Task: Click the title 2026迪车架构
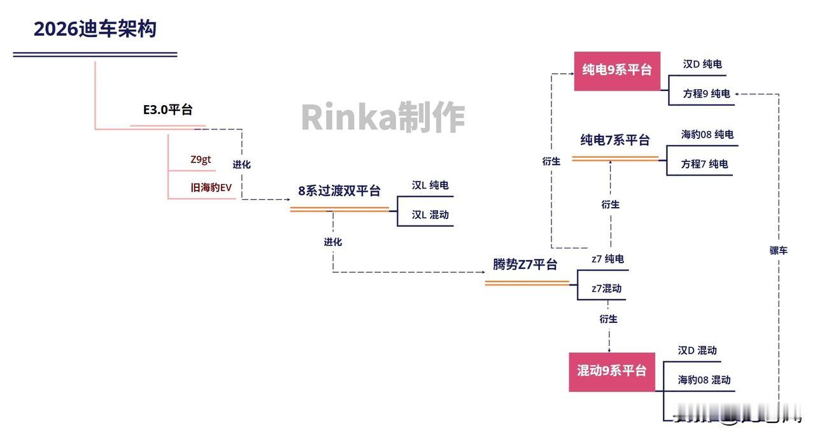95,29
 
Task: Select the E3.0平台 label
167,110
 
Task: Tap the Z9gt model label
201,160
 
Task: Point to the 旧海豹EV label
211,188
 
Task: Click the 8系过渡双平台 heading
339,191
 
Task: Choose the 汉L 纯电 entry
430,185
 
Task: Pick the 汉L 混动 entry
430,215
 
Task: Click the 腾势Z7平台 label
525,264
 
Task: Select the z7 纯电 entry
607,259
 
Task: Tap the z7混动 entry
606,289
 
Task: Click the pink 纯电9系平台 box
617,71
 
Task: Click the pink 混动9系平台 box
611,371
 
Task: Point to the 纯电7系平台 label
614,140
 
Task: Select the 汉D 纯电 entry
702,64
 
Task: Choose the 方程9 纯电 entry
706,94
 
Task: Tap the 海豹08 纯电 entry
707,134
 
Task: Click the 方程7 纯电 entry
704,164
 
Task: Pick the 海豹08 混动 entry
704,380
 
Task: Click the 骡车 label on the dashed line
778,250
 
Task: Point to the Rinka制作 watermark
383,117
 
